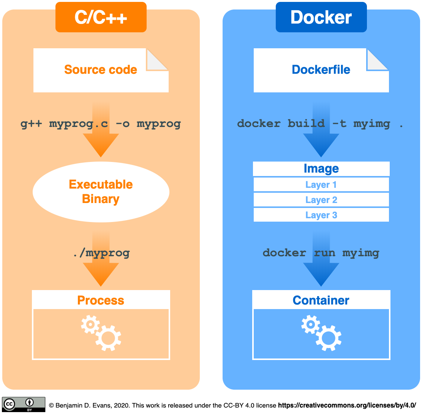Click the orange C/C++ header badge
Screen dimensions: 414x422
point(101,17)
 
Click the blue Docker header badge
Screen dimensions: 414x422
point(321,17)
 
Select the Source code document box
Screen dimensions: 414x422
point(101,70)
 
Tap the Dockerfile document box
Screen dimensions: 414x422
point(321,70)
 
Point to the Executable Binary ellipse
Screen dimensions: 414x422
point(101,192)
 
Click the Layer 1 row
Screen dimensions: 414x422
point(321,185)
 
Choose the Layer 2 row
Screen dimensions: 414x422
point(321,200)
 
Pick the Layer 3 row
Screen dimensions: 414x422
point(321,215)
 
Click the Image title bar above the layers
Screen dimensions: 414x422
point(321,169)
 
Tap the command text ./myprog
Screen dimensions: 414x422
point(101,253)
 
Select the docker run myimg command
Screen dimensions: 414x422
point(321,253)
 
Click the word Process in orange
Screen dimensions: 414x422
point(101,300)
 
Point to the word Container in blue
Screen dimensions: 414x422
point(321,300)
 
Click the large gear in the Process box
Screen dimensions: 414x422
point(108,338)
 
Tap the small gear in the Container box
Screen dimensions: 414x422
point(311,325)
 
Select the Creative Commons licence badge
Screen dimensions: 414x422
point(24,404)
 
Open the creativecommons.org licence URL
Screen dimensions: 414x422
point(347,405)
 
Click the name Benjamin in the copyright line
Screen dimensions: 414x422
point(69,405)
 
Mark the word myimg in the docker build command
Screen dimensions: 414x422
point(371,124)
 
